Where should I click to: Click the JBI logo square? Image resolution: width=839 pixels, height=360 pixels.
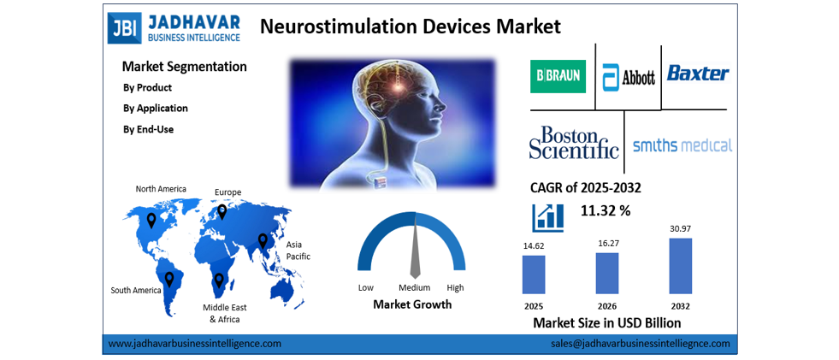tap(122, 27)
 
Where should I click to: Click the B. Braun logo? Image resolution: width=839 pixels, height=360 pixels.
tap(557, 75)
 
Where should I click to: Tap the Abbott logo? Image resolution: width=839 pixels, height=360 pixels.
tap(629, 77)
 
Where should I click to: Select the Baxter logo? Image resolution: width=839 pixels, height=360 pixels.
tap(698, 73)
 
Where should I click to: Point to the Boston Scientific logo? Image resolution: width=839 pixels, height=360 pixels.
tap(573, 143)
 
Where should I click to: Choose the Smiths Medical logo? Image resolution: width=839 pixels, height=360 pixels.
tap(682, 145)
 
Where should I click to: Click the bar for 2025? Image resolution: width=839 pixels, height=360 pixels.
tap(534, 274)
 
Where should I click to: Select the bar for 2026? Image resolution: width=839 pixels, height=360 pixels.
tap(607, 273)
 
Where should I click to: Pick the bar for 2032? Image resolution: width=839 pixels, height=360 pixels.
tap(681, 266)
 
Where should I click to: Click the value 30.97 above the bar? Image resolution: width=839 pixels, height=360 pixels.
tap(681, 228)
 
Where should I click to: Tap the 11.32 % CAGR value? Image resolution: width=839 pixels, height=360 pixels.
tap(606, 210)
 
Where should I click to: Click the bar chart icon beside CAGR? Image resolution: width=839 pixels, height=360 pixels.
tap(547, 216)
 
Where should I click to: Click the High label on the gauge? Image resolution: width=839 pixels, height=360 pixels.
tap(455, 287)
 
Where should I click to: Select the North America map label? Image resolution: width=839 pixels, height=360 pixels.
tap(161, 189)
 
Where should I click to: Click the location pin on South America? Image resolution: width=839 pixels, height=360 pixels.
tap(169, 279)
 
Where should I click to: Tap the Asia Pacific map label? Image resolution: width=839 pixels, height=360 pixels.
tap(298, 250)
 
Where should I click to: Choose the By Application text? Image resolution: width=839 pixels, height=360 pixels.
tap(156, 109)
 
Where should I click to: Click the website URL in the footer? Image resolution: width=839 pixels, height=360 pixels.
tap(194, 344)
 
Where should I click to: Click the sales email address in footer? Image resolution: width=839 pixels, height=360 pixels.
tap(641, 344)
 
